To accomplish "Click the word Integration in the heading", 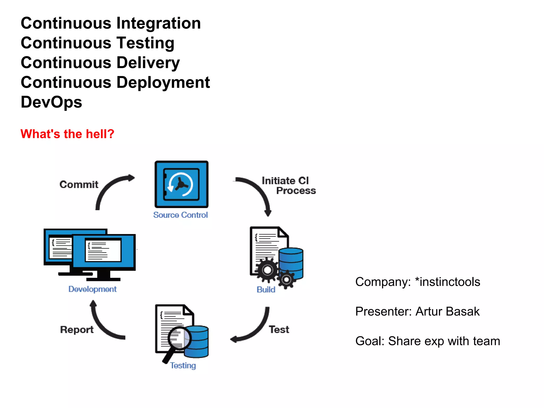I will pos(159,23).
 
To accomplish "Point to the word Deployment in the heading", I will pos(163,82).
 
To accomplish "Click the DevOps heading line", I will pos(52,102).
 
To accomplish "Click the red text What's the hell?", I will pos(67,134).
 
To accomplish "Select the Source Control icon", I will pos(181,184).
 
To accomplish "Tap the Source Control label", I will pos(180,215).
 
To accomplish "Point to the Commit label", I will pos(79,184).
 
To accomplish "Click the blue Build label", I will pos(266,290).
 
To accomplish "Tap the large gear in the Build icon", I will pos(267,270).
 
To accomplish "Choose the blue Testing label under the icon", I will pos(183,365).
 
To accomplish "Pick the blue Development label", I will pos(92,289).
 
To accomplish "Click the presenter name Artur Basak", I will pos(448,311).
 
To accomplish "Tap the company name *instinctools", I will pos(448,282).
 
